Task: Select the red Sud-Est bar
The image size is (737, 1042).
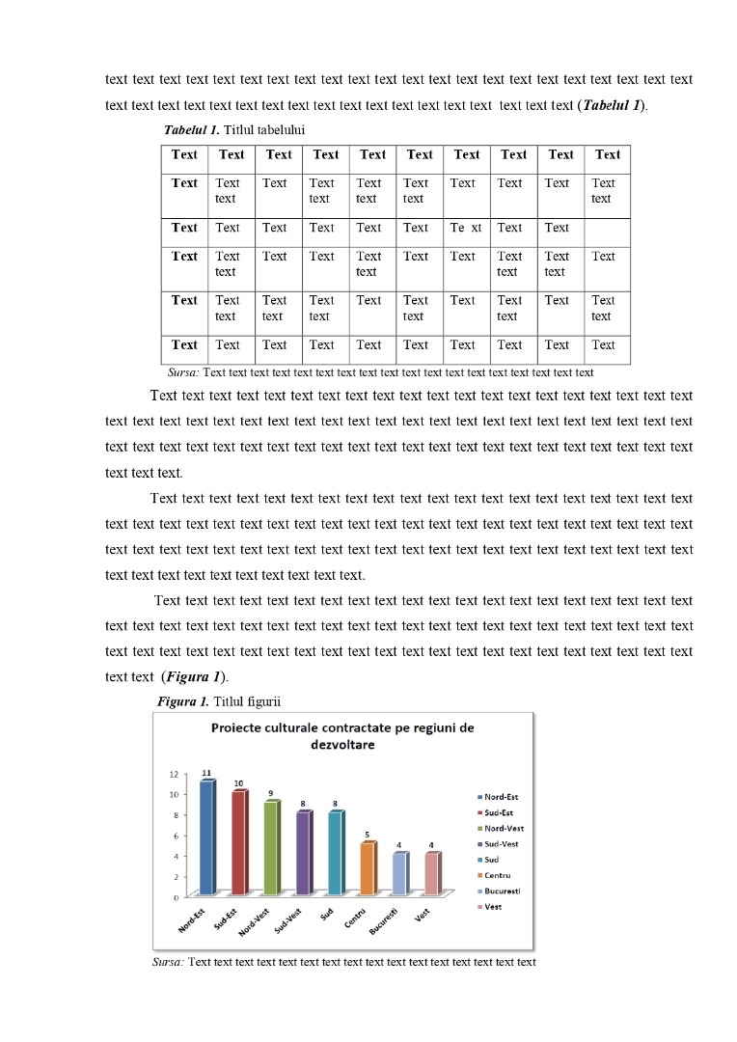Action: (238, 843)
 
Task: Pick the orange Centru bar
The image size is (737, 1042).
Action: (367, 869)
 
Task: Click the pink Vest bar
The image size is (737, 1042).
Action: (431, 874)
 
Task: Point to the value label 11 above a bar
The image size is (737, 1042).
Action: (206, 773)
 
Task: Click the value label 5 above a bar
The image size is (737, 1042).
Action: (367, 835)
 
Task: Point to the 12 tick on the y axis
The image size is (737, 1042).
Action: (174, 774)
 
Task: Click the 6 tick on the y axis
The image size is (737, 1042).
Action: (176, 836)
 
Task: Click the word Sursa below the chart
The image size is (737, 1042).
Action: (168, 962)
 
